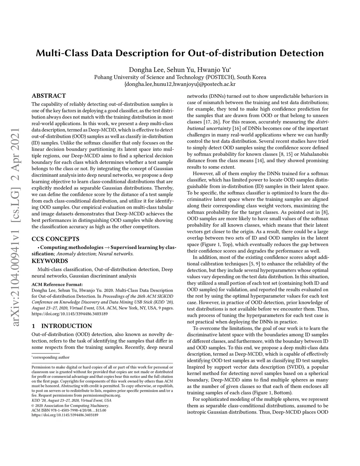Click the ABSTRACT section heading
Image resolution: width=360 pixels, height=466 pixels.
(x=49, y=96)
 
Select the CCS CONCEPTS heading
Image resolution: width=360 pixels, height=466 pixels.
(x=55, y=239)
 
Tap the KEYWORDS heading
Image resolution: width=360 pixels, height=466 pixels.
(x=50, y=261)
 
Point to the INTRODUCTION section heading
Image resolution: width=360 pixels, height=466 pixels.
(x=66, y=326)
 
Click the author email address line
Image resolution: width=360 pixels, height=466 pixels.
(x=180, y=84)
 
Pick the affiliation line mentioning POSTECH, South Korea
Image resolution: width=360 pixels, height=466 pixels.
(x=180, y=77)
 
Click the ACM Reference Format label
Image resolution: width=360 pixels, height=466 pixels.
(x=57, y=284)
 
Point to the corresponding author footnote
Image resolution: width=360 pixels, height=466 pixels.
(x=51, y=357)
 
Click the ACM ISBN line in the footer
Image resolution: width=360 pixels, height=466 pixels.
(x=69, y=410)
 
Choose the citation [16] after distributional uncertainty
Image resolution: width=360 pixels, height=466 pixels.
(x=236, y=128)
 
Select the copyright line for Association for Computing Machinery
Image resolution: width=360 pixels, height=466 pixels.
(x=71, y=406)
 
